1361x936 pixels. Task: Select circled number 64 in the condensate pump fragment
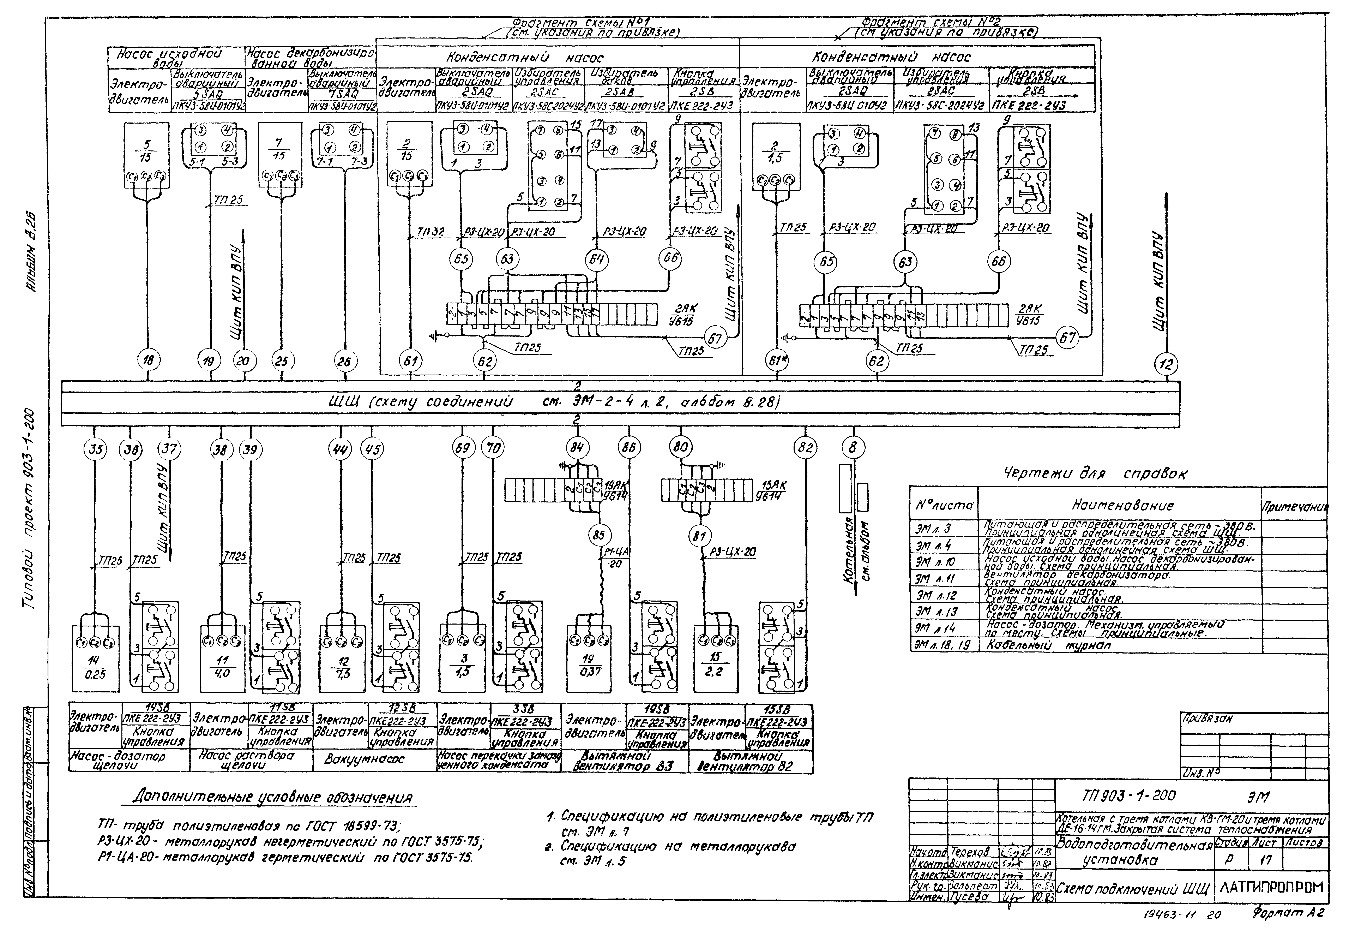596,259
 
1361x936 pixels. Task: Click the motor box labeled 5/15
146,155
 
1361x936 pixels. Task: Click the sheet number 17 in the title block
1265,860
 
